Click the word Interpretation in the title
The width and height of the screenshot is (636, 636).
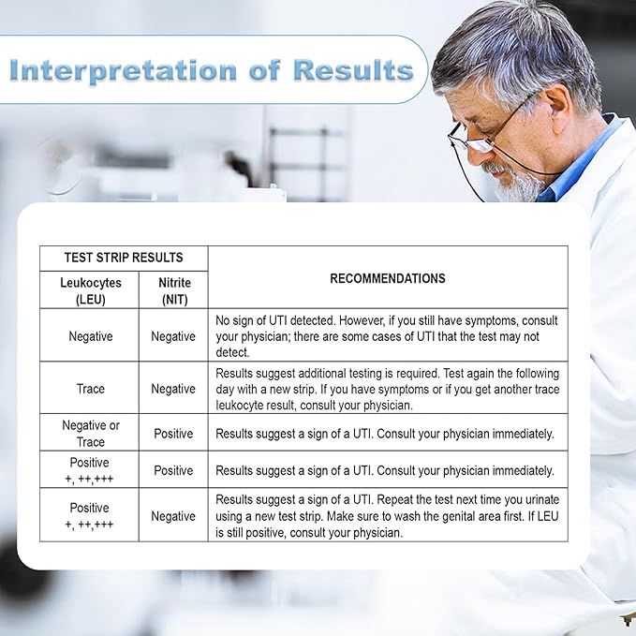[x=123, y=70]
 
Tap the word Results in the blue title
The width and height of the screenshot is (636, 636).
[x=353, y=69]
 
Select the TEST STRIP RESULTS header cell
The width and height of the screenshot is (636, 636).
[x=124, y=258]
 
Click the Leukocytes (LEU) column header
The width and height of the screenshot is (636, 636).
[x=91, y=290]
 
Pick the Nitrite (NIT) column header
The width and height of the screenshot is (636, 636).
[x=174, y=290]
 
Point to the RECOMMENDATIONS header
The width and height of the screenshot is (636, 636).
[x=388, y=278]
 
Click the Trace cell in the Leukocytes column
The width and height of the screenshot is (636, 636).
[x=91, y=389]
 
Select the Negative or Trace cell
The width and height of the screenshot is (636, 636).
[x=91, y=433]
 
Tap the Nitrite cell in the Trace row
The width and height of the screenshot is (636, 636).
[x=173, y=389]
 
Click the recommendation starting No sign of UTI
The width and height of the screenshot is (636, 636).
[x=387, y=336]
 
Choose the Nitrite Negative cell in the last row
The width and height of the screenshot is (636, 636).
[x=173, y=516]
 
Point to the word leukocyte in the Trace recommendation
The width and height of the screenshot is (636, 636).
[x=239, y=406]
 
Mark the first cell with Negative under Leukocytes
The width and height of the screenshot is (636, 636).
[x=91, y=336]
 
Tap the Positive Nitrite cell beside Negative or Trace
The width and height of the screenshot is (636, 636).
[x=173, y=433]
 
